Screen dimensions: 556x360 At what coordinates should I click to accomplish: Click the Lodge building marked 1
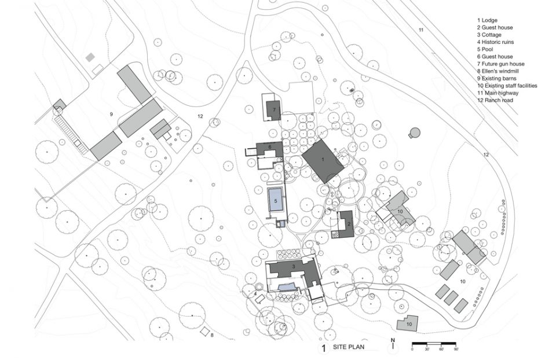[x=323, y=161]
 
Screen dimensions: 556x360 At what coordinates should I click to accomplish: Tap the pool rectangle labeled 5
[x=276, y=200]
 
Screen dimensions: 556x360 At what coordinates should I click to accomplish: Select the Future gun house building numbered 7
[x=274, y=110]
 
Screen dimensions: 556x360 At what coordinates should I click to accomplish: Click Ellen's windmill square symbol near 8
[x=204, y=332]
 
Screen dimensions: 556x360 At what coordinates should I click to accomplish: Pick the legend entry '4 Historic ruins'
[x=495, y=42]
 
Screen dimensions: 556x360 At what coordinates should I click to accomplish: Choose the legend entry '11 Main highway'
[x=498, y=93]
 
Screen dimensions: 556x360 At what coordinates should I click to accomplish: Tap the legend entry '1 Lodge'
[x=487, y=20]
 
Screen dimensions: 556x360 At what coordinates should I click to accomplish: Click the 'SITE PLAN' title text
[x=348, y=347]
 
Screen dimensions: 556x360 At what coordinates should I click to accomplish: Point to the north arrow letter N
[x=393, y=340]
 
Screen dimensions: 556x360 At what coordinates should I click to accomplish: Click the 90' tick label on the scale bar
[x=456, y=350]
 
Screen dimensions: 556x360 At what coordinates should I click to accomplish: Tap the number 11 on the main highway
[x=421, y=30]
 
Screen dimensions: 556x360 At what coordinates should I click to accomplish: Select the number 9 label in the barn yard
[x=111, y=114]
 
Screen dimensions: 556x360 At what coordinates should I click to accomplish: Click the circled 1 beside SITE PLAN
[x=323, y=348]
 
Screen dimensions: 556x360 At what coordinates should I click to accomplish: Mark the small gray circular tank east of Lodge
[x=415, y=133]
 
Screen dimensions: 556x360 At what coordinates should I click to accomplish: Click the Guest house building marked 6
[x=268, y=149]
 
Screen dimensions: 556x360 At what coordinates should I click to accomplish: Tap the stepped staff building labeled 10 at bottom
[x=407, y=324]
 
